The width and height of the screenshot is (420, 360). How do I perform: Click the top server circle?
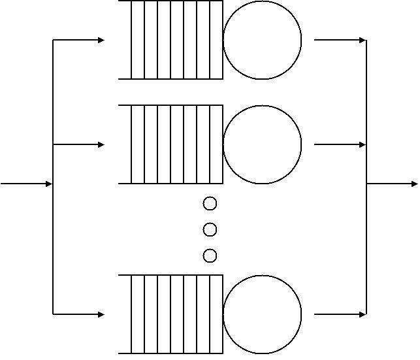tap(263, 40)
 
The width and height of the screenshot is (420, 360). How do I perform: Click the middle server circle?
tap(263, 144)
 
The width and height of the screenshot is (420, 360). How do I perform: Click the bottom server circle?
tap(263, 314)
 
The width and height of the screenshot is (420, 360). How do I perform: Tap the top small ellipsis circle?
tap(210, 204)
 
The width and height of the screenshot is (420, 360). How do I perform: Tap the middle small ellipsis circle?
tap(210, 229)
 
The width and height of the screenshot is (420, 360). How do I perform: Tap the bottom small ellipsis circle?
tap(210, 255)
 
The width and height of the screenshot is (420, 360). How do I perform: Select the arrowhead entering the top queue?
tap(101, 40)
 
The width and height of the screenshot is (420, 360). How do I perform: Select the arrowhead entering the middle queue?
tap(101, 144)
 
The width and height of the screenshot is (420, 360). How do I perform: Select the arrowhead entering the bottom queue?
tap(101, 314)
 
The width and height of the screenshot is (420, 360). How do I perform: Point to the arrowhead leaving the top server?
tap(363, 40)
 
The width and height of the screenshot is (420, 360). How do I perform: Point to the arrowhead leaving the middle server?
tap(363, 144)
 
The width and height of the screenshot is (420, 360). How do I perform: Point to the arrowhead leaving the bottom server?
tap(363, 314)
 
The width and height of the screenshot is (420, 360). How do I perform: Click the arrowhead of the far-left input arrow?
tap(48, 184)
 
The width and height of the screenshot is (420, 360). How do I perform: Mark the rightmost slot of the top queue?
tap(217, 40)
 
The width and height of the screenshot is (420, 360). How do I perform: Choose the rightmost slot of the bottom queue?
tap(217, 314)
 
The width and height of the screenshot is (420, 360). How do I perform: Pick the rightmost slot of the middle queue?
tap(217, 144)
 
